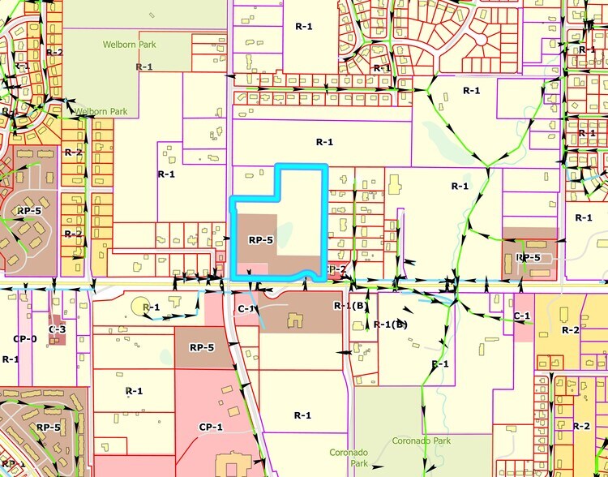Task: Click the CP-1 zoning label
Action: tap(211, 426)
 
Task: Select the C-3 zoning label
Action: tap(57, 329)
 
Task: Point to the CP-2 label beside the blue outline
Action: tap(336, 269)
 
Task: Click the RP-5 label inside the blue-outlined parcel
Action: tap(260, 240)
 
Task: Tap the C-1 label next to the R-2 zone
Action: tap(522, 315)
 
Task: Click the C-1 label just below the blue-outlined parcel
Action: tap(247, 309)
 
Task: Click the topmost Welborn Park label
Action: tap(129, 45)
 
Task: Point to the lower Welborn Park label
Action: tap(102, 111)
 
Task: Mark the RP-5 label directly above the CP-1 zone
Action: tap(202, 347)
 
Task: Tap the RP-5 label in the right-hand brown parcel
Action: tap(528, 257)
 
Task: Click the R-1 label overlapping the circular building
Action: tap(151, 307)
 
